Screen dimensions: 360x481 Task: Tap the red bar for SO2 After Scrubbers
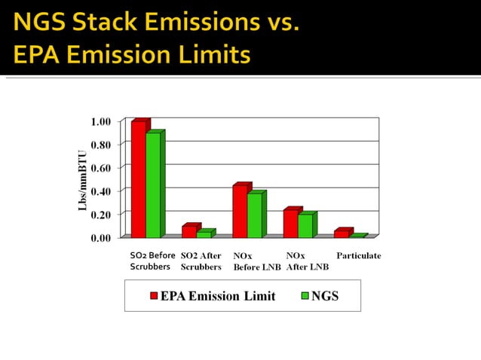[188, 231]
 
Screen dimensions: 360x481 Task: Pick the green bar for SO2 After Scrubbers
[203, 234]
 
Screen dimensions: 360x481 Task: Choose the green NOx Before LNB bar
[254, 215]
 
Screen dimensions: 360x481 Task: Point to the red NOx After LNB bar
[291, 224]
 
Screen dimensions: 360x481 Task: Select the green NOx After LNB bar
[305, 226]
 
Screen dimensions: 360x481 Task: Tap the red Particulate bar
[342, 233]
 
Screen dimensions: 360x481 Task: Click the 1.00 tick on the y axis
[100, 121]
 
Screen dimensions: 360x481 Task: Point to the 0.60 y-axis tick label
[100, 168]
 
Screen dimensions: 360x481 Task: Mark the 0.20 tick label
[100, 215]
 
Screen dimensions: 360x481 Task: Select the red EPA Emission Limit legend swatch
[153, 296]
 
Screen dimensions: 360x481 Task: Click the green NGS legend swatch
[305, 296]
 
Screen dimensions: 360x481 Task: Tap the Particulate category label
[358, 256]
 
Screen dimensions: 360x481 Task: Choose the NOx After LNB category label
[307, 261]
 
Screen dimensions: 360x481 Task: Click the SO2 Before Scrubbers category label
[152, 261]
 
